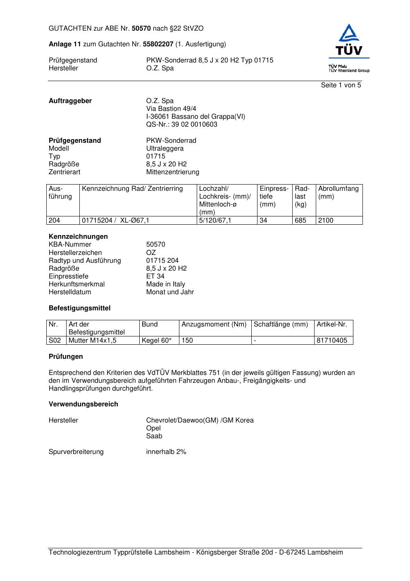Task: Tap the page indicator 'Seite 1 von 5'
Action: point(341,85)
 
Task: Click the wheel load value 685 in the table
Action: point(300,221)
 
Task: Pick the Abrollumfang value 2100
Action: point(326,221)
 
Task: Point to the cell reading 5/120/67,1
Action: point(215,221)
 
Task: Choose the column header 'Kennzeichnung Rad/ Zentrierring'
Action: point(132,189)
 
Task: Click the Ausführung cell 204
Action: point(55,221)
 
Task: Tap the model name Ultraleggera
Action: point(165,149)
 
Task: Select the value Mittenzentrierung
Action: point(172,172)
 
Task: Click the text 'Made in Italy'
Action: point(165,284)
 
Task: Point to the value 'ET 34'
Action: point(155,276)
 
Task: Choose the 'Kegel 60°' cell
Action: point(157,341)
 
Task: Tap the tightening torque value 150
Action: point(187,341)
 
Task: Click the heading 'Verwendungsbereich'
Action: point(83,404)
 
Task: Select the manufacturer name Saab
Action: point(154,436)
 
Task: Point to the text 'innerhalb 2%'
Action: point(166,452)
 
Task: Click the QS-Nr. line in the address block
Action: point(181,125)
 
